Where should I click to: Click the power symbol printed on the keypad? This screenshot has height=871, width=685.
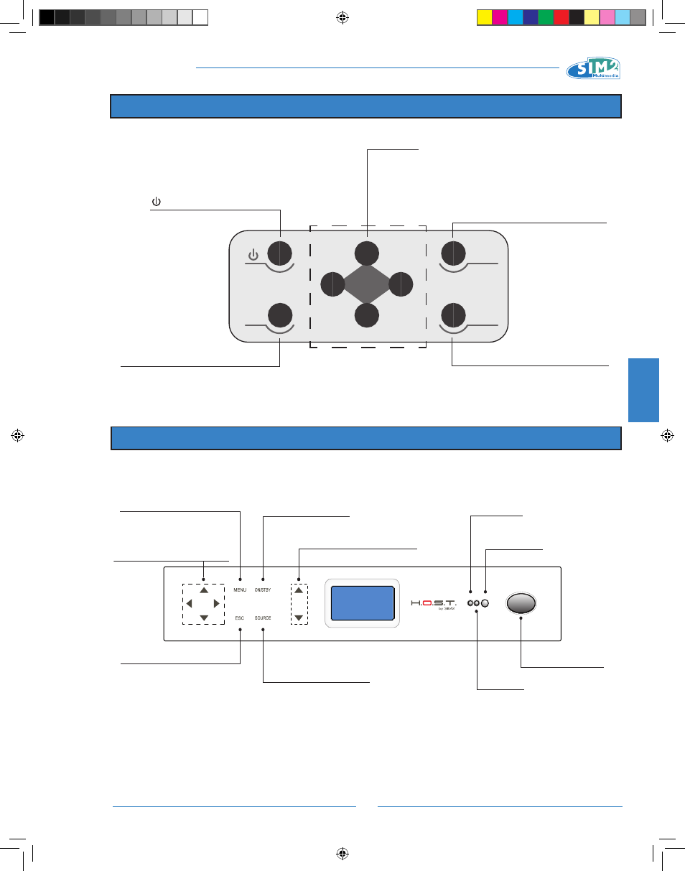[x=253, y=255]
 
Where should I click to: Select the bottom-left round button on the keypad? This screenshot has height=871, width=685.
[x=280, y=316]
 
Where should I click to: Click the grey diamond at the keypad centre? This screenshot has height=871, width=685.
[x=367, y=284]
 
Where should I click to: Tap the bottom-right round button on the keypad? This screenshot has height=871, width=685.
[x=452, y=316]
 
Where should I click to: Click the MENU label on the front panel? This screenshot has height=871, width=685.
[x=240, y=590]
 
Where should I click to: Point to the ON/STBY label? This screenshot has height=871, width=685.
[x=263, y=590]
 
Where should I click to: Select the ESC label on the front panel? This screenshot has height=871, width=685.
[x=240, y=618]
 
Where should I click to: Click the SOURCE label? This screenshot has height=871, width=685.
[x=263, y=618]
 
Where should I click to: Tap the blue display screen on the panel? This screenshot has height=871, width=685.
[x=362, y=602]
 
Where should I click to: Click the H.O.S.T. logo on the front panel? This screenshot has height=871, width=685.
[x=434, y=603]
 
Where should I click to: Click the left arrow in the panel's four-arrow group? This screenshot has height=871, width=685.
[x=189, y=603]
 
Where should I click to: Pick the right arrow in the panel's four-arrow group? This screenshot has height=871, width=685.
[x=216, y=603]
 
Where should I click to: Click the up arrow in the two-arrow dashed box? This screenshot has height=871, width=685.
[x=299, y=590]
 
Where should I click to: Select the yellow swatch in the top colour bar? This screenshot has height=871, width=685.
[x=485, y=17]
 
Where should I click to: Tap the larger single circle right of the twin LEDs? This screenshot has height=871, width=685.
[x=485, y=604]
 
